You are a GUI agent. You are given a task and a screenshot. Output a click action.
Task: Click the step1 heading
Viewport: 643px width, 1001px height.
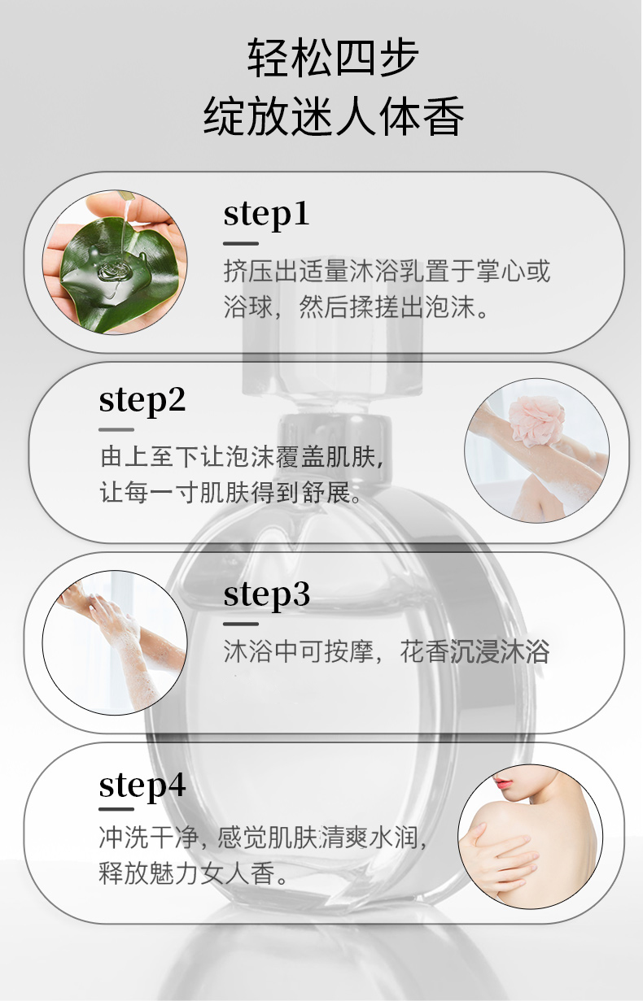(x=266, y=214)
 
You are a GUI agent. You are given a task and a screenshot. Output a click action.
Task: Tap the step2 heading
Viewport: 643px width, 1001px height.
(x=142, y=400)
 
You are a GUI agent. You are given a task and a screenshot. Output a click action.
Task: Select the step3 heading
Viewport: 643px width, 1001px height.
(x=266, y=594)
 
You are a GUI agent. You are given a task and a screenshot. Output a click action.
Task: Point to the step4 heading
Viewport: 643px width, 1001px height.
(x=142, y=786)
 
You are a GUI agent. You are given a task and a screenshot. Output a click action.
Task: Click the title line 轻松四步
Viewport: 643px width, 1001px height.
(x=334, y=59)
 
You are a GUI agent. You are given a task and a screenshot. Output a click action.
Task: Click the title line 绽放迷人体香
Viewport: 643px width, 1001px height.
(x=334, y=116)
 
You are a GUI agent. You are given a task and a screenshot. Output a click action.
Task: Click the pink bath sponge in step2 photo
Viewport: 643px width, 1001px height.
(x=531, y=422)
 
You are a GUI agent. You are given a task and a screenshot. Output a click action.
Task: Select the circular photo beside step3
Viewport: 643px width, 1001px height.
(x=115, y=642)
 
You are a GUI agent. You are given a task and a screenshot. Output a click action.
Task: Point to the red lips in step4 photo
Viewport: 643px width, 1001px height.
(x=505, y=784)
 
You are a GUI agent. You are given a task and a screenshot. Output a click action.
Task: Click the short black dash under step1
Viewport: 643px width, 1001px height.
(x=241, y=243)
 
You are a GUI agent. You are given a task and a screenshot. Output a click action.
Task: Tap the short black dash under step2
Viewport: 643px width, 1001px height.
(x=116, y=429)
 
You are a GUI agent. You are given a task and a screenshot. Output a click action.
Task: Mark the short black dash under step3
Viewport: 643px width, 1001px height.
(x=241, y=624)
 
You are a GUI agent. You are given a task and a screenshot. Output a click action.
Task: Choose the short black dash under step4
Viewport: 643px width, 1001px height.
(x=116, y=809)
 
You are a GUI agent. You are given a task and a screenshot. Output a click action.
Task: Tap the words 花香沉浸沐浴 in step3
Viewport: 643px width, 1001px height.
(x=475, y=651)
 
